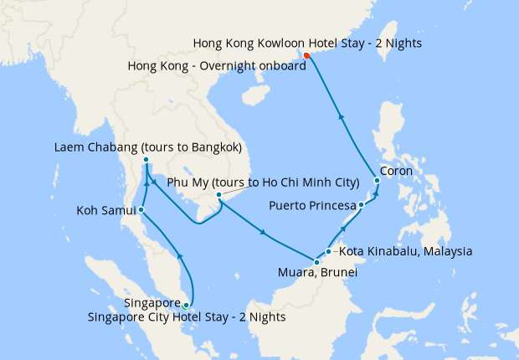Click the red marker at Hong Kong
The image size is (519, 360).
(306, 56)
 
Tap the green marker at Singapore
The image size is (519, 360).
(186, 306)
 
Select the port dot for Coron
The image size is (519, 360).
(378, 180)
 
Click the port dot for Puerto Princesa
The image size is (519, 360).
(361, 205)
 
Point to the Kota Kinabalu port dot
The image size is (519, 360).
(329, 251)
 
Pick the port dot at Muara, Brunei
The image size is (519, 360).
(316, 263)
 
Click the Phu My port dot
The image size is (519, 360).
(218, 196)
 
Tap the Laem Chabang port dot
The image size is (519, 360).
(146, 160)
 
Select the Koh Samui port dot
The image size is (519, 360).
(141, 209)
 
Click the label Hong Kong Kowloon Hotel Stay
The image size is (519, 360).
(306, 43)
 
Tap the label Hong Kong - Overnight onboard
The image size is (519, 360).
(218, 66)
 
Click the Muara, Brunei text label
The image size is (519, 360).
(316, 273)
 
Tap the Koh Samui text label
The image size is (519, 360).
(105, 209)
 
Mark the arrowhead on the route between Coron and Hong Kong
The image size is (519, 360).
(341, 116)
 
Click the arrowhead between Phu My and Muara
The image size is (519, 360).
(264, 233)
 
